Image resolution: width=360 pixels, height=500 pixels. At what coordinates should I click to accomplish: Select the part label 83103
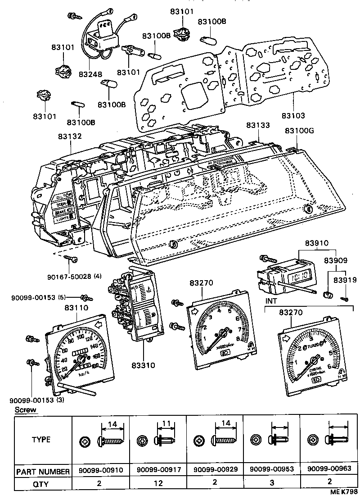[x=293, y=116]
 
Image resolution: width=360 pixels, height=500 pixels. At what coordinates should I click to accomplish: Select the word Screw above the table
[x=26, y=410]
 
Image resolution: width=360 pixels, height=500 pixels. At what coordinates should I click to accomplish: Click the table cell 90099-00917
[x=157, y=469]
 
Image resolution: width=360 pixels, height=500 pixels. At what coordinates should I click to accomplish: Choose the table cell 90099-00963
[x=329, y=469]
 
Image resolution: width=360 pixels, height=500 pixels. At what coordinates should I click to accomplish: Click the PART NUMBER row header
[x=43, y=472]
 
